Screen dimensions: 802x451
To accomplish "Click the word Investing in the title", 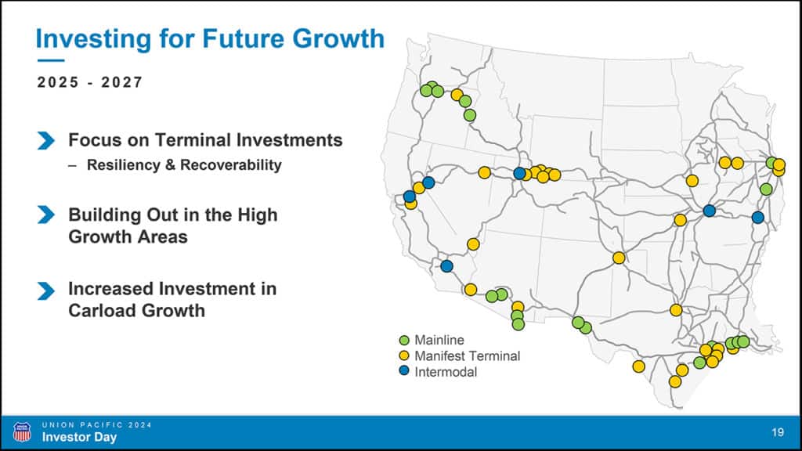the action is (x=94, y=39).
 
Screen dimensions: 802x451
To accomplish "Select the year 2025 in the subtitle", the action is (x=58, y=82).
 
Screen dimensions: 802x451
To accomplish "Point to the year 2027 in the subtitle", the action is (x=121, y=82).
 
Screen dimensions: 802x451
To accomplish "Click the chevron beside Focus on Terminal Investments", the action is (x=46, y=141).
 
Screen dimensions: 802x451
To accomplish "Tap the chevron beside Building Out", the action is (x=46, y=215).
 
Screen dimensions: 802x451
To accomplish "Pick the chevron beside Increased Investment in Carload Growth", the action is (x=46, y=290).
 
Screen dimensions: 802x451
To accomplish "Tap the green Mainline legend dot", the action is (x=404, y=340).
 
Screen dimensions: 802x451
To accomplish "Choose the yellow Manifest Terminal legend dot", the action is (x=404, y=355).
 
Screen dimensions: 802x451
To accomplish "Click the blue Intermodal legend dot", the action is (x=404, y=370).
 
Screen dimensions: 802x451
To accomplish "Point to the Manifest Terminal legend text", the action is (x=467, y=356).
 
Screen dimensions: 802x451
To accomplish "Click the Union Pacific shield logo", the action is (x=21, y=432).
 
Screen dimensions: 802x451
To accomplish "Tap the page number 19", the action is (x=778, y=432).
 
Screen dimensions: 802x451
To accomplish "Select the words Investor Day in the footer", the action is (x=79, y=437).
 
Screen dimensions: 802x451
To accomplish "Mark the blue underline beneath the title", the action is (x=51, y=60).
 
